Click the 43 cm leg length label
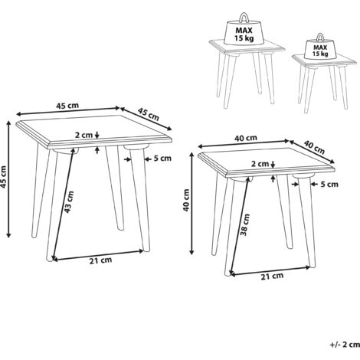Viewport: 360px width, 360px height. pos(69,201)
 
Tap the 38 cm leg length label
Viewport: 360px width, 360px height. pos(244,224)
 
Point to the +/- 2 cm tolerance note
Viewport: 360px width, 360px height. pos(345,345)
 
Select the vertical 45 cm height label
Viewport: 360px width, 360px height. pos(4,177)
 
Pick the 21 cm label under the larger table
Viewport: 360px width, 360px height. pos(100,260)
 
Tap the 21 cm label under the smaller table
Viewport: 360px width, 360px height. pos(272,276)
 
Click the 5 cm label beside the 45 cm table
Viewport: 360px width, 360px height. pos(162,159)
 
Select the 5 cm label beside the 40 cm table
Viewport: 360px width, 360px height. pos(329,184)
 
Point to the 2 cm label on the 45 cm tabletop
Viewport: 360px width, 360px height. pos(83,135)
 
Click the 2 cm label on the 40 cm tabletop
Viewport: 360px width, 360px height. pos(260,164)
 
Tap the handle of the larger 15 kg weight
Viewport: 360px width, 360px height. pos(244,18)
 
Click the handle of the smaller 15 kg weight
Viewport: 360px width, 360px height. pos(320,38)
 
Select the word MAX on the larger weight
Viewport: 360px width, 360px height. pos(244,31)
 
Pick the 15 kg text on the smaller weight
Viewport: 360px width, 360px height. pos(320,54)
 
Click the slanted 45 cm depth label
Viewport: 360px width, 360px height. pos(149,114)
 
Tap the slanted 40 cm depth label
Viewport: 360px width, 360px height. pos(314,147)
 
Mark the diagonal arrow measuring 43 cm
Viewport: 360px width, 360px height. pos(64,204)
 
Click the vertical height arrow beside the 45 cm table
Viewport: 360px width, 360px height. pos(9,179)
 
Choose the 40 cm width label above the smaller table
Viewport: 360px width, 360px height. pos(246,138)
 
